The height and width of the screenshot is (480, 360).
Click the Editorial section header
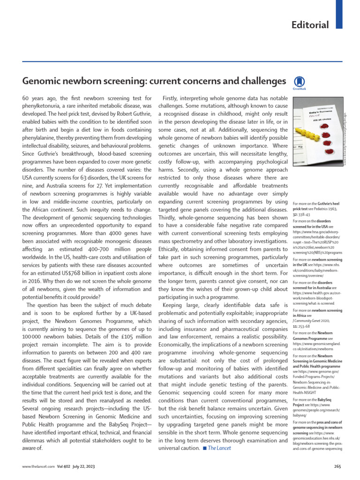click(x=310, y=25)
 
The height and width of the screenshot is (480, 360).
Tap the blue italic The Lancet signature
click(x=220, y=448)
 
